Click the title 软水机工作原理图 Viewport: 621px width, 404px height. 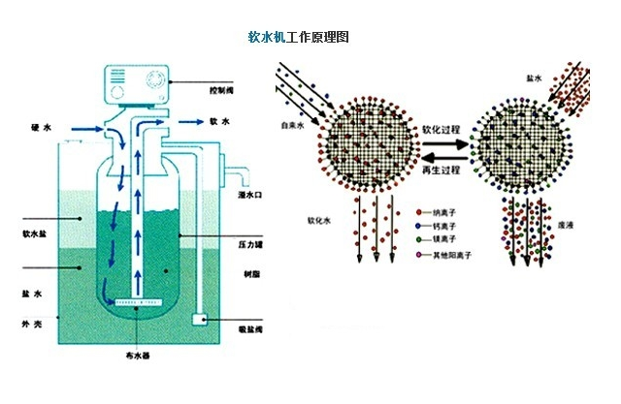[x=298, y=38]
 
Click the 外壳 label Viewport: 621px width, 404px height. [x=30, y=320]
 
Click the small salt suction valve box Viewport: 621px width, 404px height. [x=200, y=318]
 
